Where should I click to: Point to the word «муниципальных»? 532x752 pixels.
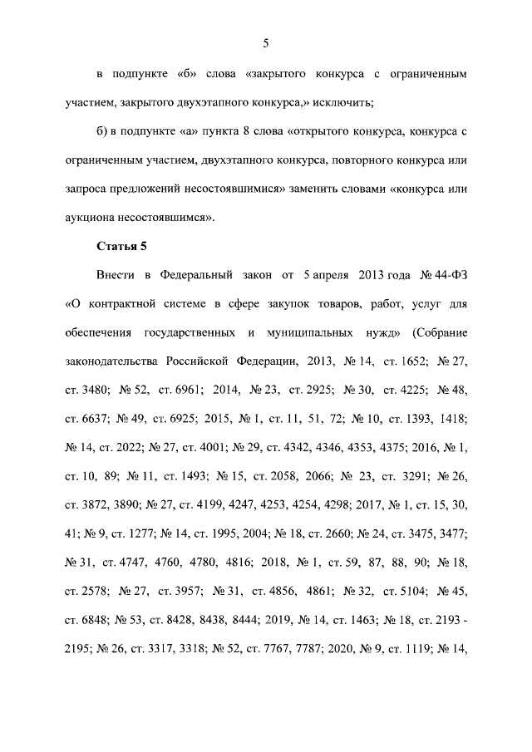[x=310, y=332]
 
